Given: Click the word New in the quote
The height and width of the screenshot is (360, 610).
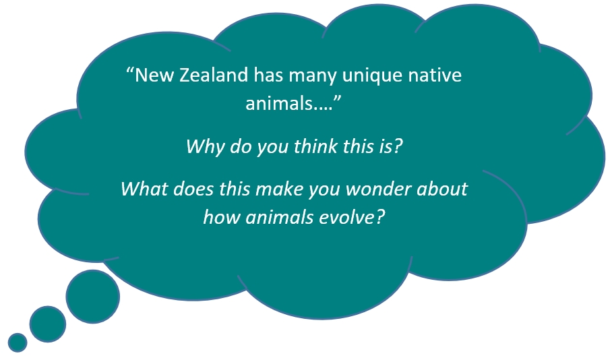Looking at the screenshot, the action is click(x=154, y=75).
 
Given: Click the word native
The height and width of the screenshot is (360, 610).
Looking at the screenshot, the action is click(x=435, y=75).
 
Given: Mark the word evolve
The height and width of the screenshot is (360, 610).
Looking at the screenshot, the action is click(x=347, y=217).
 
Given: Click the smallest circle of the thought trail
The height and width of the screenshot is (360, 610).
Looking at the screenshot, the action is click(x=18, y=342).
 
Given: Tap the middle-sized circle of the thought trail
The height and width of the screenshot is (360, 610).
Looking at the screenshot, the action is click(x=48, y=324).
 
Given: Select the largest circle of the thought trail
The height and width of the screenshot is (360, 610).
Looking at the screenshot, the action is click(x=93, y=297).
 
